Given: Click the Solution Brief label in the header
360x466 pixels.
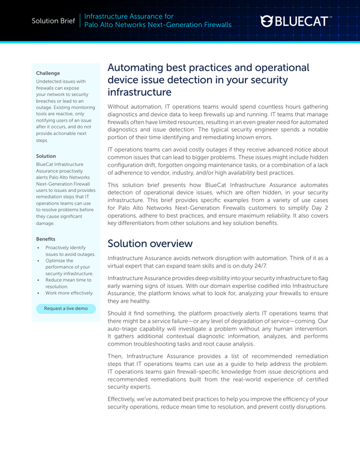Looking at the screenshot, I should [53, 21].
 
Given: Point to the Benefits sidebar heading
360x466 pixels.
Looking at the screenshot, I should [47, 238].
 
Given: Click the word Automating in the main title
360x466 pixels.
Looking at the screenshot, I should [139, 68].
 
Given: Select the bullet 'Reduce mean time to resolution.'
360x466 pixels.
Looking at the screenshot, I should [66, 282].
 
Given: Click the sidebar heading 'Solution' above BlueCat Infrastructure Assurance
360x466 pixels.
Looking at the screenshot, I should [46, 156].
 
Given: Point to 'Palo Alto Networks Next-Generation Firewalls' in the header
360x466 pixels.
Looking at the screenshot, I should [158, 26].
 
